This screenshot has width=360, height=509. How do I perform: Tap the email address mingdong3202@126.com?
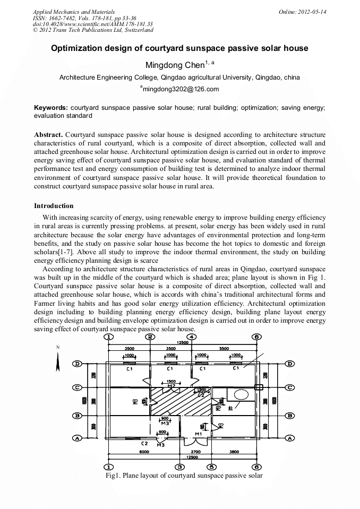(180, 89)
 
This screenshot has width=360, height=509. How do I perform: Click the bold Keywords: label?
(50, 107)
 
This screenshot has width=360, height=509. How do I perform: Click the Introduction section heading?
(54, 205)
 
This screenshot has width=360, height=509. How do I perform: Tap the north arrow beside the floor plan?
(58, 362)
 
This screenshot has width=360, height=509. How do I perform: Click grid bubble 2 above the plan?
(150, 337)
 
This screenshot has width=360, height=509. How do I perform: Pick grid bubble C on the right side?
(290, 387)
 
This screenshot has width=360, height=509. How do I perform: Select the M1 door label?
(198, 434)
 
